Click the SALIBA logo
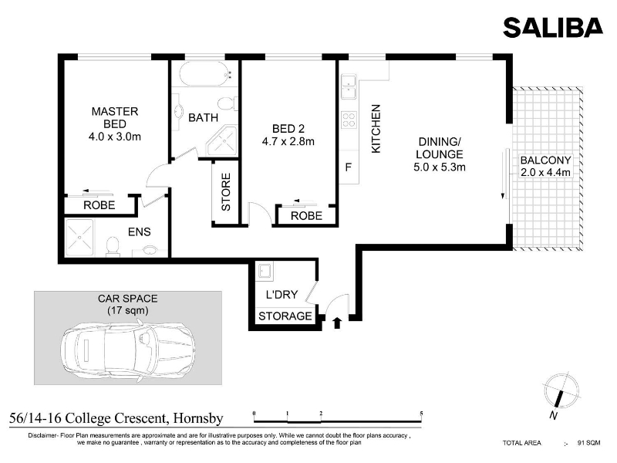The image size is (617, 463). click(x=553, y=27)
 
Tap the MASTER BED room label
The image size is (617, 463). click(x=115, y=118)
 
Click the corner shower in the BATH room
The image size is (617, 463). click(x=223, y=142)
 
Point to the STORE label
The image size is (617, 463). click(x=226, y=192)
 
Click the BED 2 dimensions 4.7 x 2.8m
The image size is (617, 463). click(x=288, y=141)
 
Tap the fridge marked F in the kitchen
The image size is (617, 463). click(x=349, y=167)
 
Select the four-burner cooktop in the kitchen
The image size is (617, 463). click(x=349, y=120)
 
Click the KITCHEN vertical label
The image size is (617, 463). click(x=376, y=129)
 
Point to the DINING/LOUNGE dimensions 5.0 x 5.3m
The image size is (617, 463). click(x=440, y=167)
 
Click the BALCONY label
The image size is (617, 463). click(x=545, y=161)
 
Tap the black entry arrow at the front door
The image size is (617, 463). click(x=337, y=323)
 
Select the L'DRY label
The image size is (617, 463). click(x=282, y=295)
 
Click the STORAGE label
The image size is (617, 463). click(x=285, y=316)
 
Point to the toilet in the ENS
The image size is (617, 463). click(x=113, y=247)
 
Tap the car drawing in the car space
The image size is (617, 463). click(x=128, y=350)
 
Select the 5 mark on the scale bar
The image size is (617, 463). click(x=421, y=414)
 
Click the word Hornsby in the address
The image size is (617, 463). click(x=198, y=418)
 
